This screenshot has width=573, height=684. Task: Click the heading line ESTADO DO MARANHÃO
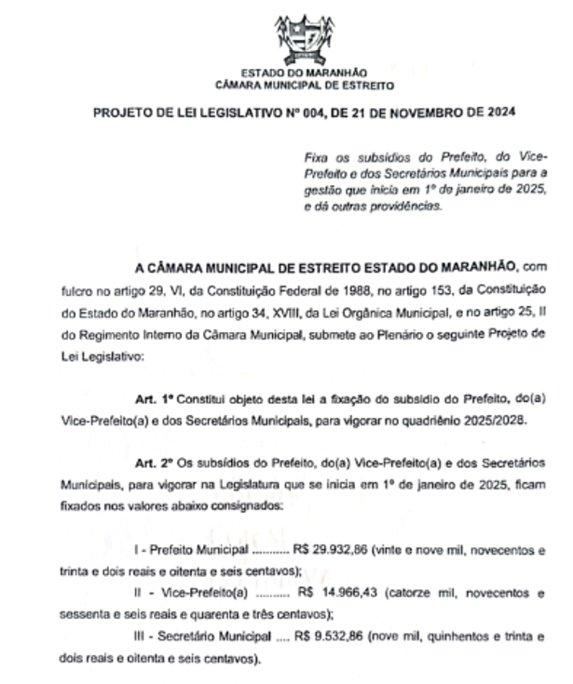tap(304, 73)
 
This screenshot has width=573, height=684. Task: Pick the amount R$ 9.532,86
tap(329, 636)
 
